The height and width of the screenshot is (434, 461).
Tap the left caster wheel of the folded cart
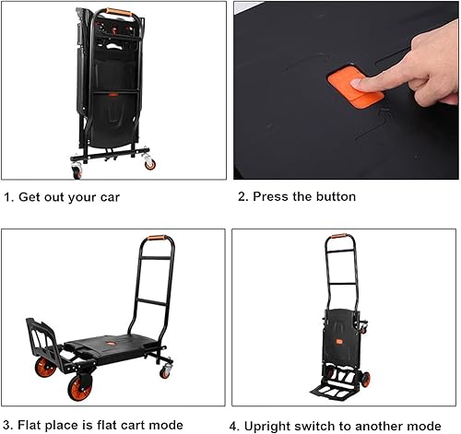click(77, 171)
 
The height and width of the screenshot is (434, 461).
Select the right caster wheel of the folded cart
click(150, 164)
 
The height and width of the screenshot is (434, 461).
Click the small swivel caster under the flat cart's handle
click(167, 370)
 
